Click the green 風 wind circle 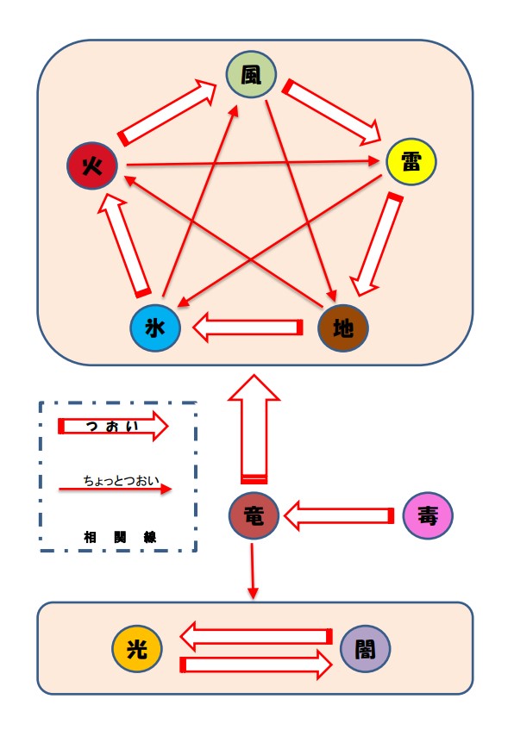[251, 74]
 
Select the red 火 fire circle [92, 165]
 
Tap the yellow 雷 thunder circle [411, 161]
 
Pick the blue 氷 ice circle [155, 328]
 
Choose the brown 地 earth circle [343, 328]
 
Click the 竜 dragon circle [254, 515]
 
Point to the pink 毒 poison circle [428, 515]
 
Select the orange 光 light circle [137, 648]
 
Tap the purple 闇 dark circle [366, 648]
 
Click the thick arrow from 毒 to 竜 [339, 516]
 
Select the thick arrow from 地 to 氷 [248, 328]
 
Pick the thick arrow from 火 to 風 [167, 112]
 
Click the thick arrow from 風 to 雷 [332, 112]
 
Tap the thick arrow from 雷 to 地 [377, 245]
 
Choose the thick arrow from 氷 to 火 [124, 246]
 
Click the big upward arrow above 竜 [254, 429]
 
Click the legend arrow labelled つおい [113, 426]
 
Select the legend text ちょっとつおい [121, 480]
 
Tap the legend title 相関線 [120, 537]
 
